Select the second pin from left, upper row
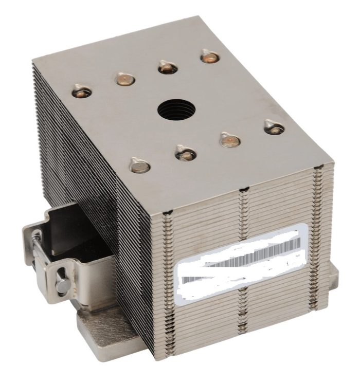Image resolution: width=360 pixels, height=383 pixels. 124,79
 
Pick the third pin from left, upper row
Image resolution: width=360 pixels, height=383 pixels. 167,66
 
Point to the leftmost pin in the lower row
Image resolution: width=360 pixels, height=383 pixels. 139,165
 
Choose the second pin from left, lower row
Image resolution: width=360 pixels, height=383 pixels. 185,152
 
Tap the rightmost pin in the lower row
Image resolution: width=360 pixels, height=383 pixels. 274,126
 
